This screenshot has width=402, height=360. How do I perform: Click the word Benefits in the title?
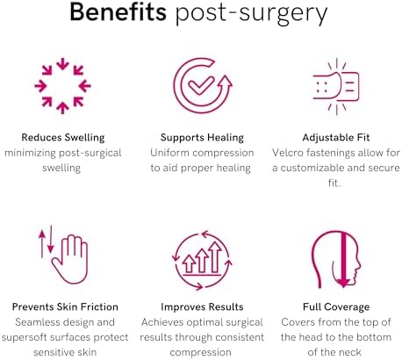coord(118,12)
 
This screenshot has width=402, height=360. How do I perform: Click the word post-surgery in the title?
coord(251,15)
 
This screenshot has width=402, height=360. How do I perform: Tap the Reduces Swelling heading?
coord(63,138)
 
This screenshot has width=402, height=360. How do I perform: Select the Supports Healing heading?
coord(202,138)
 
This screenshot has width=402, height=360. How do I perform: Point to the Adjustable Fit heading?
coord(336,138)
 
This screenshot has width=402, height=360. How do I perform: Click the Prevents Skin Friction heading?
coord(65,306)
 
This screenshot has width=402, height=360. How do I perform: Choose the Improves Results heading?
coord(202,306)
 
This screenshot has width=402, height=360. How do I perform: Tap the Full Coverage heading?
coord(336,307)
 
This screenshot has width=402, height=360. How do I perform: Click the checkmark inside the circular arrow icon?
coord(201,86)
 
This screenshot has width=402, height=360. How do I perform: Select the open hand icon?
coord(70,260)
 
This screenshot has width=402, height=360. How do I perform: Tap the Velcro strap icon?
coord(336,86)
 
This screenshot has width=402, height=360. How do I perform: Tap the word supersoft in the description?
coord(24,338)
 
